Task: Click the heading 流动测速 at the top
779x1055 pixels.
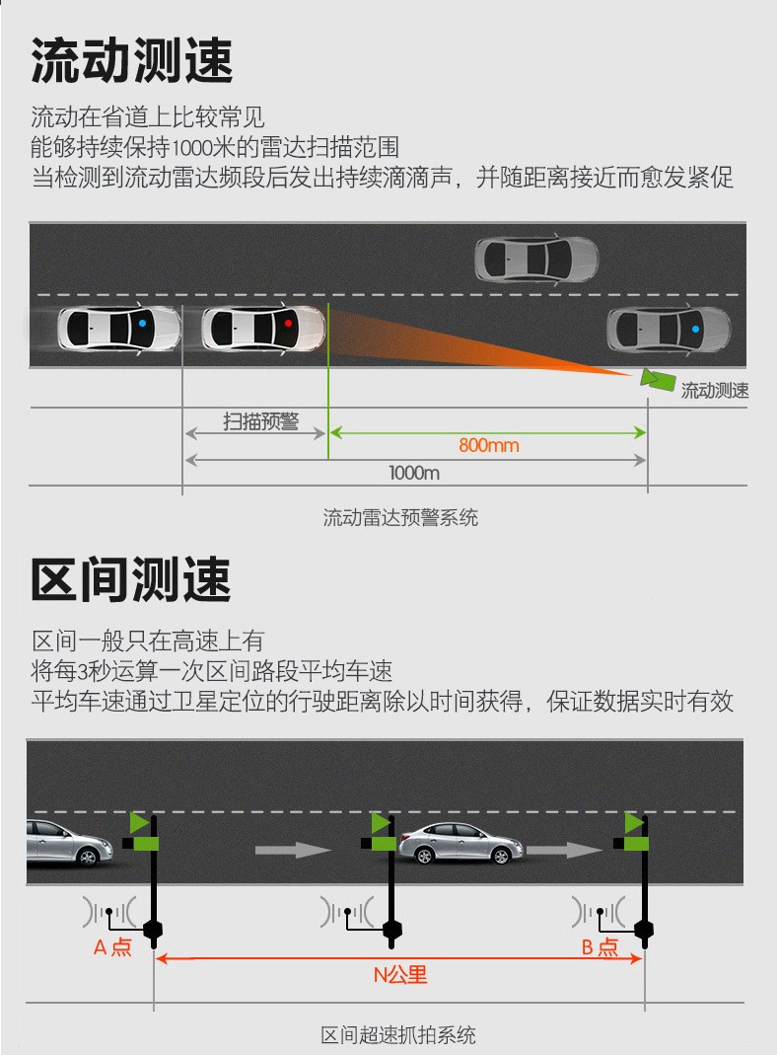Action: pos(132,60)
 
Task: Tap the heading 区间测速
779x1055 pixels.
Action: pos(132,579)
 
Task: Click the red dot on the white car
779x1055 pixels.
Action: pos(288,324)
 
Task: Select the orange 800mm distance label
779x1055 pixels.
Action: pos(489,445)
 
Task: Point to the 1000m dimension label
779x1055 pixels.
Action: pos(414,473)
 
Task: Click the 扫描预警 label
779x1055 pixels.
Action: pos(260,421)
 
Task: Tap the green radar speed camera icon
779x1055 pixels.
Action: pos(657,380)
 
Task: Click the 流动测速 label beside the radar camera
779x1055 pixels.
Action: pos(715,390)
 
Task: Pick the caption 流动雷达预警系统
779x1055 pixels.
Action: pos(400,517)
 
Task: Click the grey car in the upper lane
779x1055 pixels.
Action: pos(536,259)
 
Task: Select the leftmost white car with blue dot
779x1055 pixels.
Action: pos(119,328)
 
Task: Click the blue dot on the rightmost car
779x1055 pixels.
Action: pos(695,329)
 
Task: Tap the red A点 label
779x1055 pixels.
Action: pos(113,947)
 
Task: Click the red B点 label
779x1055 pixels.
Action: pos(600,947)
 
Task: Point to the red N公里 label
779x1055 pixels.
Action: pos(400,975)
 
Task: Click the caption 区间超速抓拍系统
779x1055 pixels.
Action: pos(398,1035)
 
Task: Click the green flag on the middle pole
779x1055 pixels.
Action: pos(381,822)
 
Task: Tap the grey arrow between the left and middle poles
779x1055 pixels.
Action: pos(293,850)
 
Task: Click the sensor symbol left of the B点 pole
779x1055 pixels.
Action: pos(599,913)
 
